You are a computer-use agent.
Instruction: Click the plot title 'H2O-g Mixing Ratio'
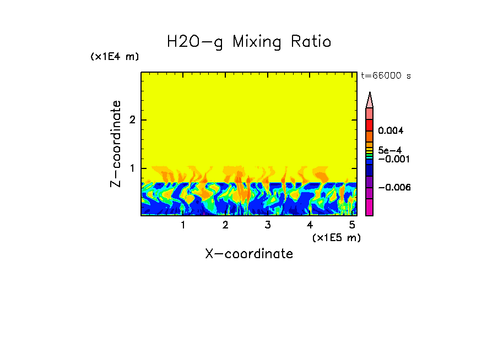(249, 42)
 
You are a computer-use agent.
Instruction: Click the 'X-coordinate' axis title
(249, 254)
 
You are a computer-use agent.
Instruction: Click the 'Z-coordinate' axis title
(116, 144)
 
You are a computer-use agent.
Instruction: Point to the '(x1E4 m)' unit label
(115, 57)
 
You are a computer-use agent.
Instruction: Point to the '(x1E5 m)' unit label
(336, 237)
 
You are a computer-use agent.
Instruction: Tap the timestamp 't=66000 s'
(386, 76)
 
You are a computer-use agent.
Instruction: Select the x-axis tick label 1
(183, 225)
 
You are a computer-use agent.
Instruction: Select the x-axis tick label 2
(225, 225)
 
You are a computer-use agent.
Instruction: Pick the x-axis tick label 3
(267, 225)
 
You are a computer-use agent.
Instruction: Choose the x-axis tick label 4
(310, 225)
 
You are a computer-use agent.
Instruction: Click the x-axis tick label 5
(351, 225)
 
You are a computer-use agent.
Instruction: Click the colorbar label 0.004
(391, 131)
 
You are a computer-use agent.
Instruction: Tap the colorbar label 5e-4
(389, 150)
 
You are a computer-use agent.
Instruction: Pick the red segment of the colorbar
(370, 125)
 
